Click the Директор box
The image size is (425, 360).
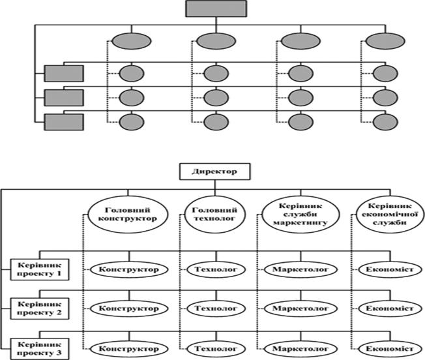tap(214, 172)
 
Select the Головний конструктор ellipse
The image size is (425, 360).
tap(127, 215)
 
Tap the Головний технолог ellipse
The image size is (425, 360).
tap(214, 215)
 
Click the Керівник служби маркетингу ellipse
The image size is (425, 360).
tap(300, 215)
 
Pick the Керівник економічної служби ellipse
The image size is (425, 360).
tap(390, 215)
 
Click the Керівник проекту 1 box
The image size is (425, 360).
tap(40, 269)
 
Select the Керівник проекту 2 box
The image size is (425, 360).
tap(40, 308)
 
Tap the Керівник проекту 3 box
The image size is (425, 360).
tap(40, 349)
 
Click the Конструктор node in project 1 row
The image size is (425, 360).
tap(129, 269)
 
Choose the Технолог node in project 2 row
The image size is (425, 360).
tap(216, 308)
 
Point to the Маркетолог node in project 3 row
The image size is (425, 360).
tap(300, 349)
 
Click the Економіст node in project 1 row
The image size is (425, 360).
tap(390, 269)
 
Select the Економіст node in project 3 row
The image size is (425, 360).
tap(390, 349)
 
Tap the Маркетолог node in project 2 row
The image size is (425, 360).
tap(300, 308)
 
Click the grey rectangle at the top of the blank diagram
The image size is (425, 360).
tap(216, 8)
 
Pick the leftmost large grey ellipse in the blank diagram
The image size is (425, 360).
tap(132, 41)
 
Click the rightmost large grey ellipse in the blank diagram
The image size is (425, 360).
tap(385, 41)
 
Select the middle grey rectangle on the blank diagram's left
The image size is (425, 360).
tap(64, 98)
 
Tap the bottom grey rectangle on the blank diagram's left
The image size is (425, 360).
tap(64, 122)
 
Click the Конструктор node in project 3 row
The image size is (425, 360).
tap(129, 349)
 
